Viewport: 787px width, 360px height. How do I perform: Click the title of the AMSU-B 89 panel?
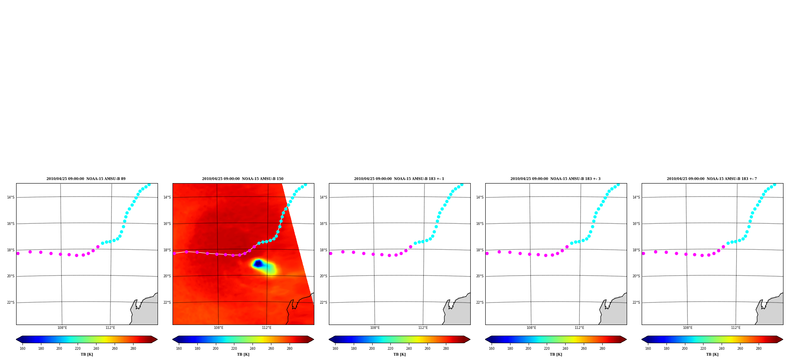coord(86,179)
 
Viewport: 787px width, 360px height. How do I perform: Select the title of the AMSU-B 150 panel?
coord(243,179)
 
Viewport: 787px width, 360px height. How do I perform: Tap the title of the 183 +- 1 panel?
coord(399,179)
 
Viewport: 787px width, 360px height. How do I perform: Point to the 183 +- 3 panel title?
coord(555,179)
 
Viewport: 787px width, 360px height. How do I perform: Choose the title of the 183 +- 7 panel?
coord(712,179)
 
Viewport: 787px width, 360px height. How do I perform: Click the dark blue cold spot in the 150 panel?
coord(258,263)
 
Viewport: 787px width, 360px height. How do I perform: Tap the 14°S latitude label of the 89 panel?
coord(11,197)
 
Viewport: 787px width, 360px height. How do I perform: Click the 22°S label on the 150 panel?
coord(167,302)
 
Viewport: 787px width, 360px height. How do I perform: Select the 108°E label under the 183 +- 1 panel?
coord(375,328)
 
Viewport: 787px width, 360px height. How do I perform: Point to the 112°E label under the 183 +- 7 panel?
coord(736,328)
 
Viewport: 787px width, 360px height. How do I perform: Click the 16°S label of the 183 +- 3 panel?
coord(480,224)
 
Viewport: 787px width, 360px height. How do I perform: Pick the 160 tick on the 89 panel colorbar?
coord(22,348)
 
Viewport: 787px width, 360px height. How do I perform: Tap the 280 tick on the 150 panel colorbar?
coord(290,348)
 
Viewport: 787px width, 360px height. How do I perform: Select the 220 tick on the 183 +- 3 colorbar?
coord(547,348)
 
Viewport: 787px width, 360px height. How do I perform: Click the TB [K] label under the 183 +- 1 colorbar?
coord(399,354)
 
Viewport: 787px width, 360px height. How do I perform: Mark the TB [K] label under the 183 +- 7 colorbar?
coord(712,354)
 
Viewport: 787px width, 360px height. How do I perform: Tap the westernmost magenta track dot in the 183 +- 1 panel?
coord(330,253)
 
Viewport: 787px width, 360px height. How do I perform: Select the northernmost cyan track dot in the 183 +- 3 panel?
coord(618,184)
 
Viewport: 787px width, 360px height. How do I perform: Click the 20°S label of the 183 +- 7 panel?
coord(636,276)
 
